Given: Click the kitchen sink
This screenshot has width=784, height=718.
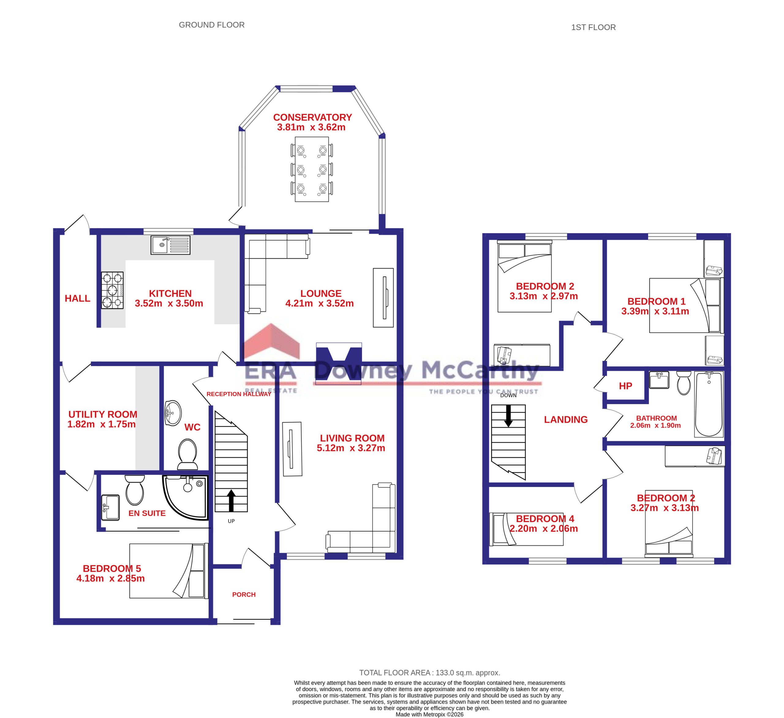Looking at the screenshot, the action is coord(170,245).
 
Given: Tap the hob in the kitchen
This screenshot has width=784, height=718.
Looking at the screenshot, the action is coord(112,290).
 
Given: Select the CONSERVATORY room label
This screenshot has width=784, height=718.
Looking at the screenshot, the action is coord(312,118).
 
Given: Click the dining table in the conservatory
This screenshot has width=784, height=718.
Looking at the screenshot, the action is coord(312,169).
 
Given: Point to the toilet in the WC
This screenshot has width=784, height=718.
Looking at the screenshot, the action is coord(187,454).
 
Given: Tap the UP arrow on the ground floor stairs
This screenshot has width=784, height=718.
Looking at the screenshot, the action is coord(231,501).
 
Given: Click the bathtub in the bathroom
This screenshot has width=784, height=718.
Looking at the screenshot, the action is coord(709,404).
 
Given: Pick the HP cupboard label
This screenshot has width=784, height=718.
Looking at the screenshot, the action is coord(625,386).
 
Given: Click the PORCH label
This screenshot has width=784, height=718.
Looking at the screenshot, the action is coord(244,594).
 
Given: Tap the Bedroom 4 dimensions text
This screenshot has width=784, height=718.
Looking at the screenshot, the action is coord(544,529).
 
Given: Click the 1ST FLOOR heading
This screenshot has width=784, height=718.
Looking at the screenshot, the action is coord(594,28).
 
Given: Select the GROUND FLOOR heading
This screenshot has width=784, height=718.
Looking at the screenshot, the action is coord(212,25).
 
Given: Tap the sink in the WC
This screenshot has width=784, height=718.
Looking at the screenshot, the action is coord(173,413).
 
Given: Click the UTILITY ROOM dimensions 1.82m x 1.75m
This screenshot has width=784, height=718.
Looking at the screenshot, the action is coord(101,424).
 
